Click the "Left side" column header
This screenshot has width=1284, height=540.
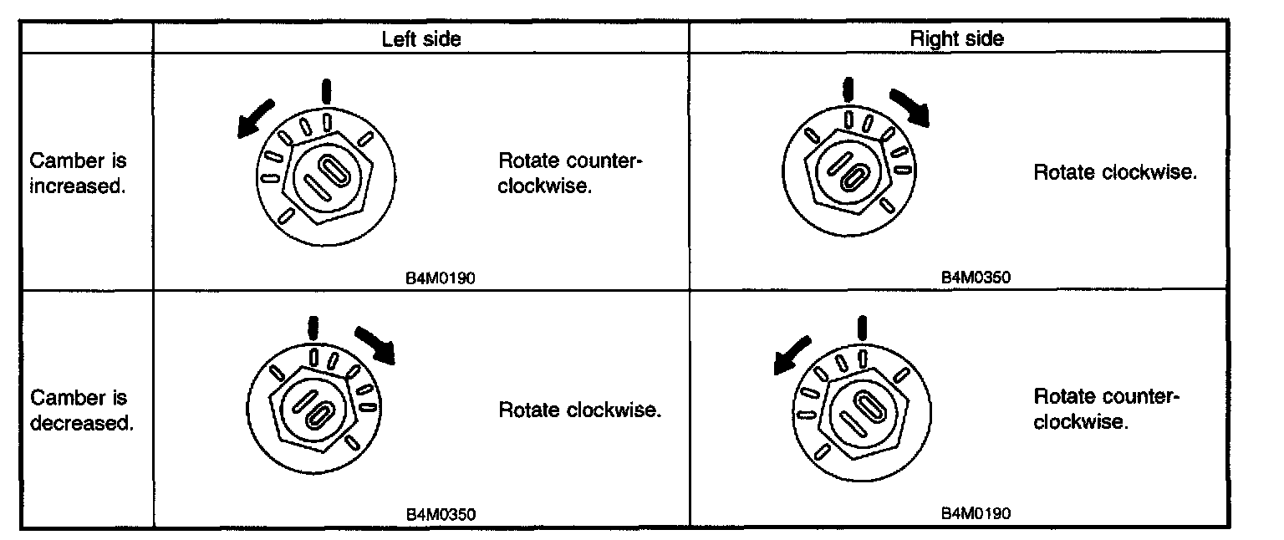tap(421, 38)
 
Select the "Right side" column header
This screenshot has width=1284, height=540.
tap(956, 38)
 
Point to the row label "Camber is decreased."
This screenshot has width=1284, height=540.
tap(82, 410)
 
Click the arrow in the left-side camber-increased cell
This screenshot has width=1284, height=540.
tap(255, 116)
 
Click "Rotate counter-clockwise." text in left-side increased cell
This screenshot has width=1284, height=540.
tap(569, 173)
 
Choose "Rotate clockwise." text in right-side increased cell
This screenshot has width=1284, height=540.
tap(1115, 173)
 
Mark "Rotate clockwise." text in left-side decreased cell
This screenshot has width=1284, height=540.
tap(580, 410)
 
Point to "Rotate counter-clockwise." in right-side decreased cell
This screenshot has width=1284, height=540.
tap(1105, 409)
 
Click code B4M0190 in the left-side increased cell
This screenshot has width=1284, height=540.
tap(441, 278)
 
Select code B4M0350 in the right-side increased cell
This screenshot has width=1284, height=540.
tap(976, 278)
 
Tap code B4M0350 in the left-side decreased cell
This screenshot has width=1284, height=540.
tap(441, 514)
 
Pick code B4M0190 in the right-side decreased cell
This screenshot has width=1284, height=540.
tap(976, 512)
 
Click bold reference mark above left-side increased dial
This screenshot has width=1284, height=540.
tap(327, 91)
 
